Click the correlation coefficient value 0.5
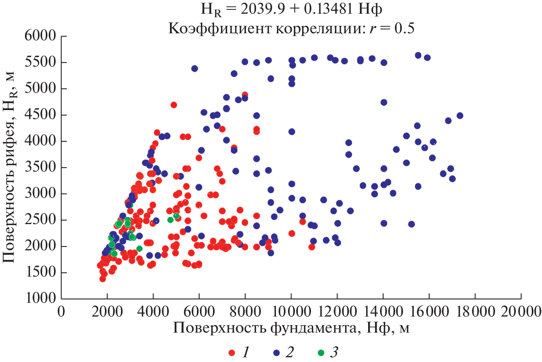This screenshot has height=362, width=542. (x=405, y=28)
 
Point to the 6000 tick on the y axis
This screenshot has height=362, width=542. (x=40, y=36)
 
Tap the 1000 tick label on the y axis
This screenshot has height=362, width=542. (x=40, y=298)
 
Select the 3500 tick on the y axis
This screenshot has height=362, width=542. (x=40, y=167)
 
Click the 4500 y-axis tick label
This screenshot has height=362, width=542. (x=40, y=115)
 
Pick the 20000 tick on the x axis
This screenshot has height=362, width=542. (x=520, y=312)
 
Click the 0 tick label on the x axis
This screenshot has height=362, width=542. (x=61, y=312)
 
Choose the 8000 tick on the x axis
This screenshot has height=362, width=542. (x=245, y=312)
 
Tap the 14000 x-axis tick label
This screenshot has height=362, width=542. (x=383, y=312)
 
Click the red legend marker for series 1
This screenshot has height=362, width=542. (x=232, y=353)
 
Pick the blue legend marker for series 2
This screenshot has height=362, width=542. (x=276, y=353)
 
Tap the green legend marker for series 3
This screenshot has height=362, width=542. (x=321, y=353)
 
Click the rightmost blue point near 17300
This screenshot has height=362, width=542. (x=460, y=116)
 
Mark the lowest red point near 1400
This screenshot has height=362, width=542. (x=103, y=279)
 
